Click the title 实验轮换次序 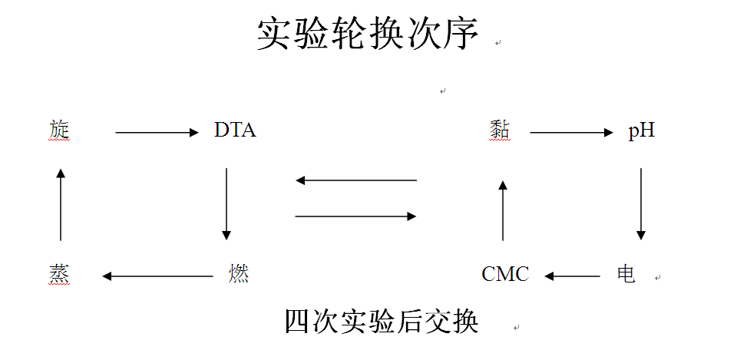tap(368, 35)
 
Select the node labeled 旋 tap(58, 130)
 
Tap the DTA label tap(235, 130)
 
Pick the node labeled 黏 tap(499, 130)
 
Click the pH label tap(642, 130)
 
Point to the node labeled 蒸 tap(58, 274)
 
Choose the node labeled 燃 tap(239, 274)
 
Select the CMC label tap(505, 274)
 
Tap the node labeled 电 tap(626, 274)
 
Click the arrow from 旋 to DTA tap(157, 133)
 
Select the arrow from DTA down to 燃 tap(226, 203)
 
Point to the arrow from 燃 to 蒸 tap(157, 276)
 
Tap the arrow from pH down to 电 tap(641, 203)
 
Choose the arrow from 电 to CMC tap(572, 276)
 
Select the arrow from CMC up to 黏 tap(503, 210)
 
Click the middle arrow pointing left tap(356, 180)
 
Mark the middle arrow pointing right tap(356, 216)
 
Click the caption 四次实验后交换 tap(382, 321)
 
